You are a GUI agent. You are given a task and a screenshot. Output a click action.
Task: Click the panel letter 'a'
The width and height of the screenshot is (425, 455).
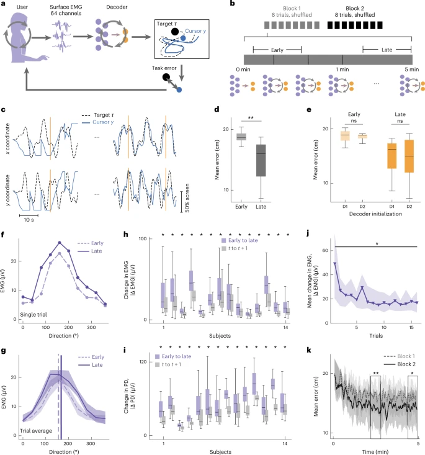coord(5,4)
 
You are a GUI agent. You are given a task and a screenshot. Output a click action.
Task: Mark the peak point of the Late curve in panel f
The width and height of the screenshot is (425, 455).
coord(60,242)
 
